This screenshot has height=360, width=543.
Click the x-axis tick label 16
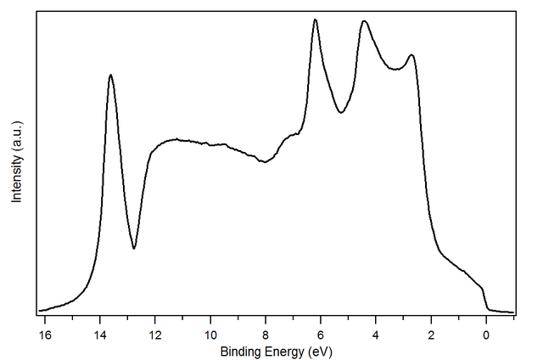[45, 335]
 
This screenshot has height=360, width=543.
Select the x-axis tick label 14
[100, 335]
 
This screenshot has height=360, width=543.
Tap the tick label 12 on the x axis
[155, 335]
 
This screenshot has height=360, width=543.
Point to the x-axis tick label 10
[210, 335]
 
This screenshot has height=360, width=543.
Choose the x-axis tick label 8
[266, 335]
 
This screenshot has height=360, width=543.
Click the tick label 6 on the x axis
[321, 335]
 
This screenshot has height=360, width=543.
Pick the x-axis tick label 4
[376, 335]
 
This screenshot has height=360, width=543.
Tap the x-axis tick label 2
[431, 335]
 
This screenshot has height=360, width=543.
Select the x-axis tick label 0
[486, 335]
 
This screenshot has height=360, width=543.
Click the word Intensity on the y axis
[16, 177]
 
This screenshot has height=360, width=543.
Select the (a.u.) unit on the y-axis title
[16, 136]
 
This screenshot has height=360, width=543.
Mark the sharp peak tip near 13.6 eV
[110, 75]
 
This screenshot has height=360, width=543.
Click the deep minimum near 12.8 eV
[134, 248]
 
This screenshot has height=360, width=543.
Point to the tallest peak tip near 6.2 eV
[315, 20]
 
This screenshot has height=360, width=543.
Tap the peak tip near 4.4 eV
[364, 21]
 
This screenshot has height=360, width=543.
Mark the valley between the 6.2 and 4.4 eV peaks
[341, 112]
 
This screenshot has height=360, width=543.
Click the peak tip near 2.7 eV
[411, 55]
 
